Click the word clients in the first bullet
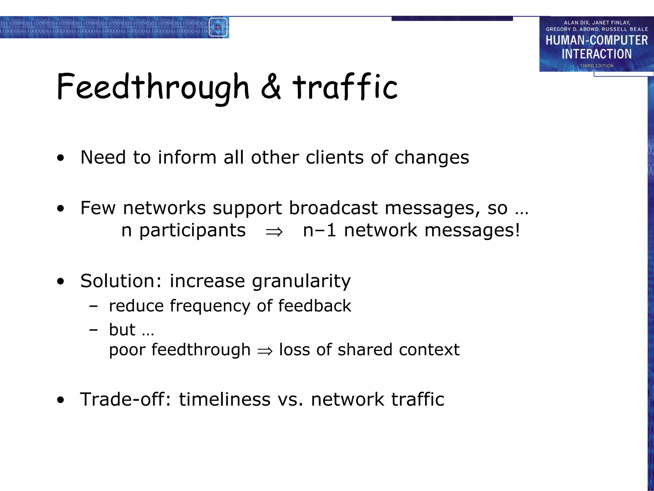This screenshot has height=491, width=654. point(334,157)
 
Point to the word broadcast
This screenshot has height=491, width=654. point(333,208)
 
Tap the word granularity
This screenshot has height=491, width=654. point(301,281)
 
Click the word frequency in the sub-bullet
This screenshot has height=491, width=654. point(210,306)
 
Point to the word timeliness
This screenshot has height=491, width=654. point(224,399)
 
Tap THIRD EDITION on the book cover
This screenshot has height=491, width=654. point(597,66)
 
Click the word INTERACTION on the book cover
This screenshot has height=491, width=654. point(597,54)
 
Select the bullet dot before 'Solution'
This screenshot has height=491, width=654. point(60,282)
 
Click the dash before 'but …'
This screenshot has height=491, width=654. point(94,330)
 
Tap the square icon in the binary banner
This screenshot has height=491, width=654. point(218,27)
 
